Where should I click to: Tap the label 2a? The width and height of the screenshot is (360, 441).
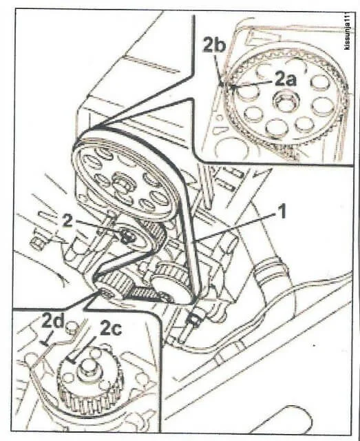(x=285, y=79)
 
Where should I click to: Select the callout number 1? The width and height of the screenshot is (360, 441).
(x=282, y=212)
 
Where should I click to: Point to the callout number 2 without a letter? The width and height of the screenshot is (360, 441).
(x=67, y=221)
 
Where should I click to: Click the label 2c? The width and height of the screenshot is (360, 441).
(x=111, y=328)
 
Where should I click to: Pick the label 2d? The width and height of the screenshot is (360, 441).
(x=54, y=320)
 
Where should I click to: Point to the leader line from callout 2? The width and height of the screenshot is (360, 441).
(x=98, y=227)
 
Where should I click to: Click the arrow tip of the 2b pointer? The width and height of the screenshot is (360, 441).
(x=222, y=83)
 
